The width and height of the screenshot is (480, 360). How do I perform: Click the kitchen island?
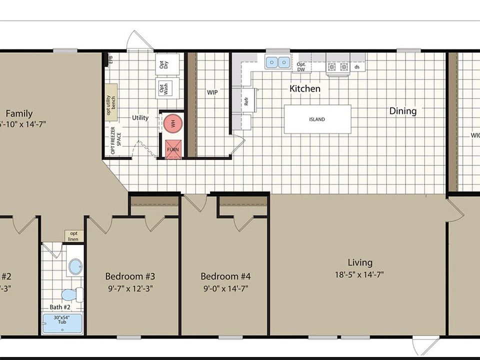[x=317, y=119]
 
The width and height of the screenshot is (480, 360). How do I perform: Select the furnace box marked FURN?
[x=173, y=148]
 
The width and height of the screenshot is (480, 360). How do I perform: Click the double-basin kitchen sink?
[x=277, y=62]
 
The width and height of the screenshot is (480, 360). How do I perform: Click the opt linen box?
[x=73, y=236]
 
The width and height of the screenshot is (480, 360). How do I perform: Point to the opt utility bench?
[x=111, y=105]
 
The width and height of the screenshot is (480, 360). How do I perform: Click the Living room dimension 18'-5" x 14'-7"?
[x=360, y=274]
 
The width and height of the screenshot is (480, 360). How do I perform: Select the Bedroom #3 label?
[x=130, y=276]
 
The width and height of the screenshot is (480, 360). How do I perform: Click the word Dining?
[x=402, y=111]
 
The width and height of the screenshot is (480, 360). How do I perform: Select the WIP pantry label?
[x=212, y=92]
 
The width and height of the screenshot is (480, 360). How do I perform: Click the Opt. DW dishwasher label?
[x=301, y=66]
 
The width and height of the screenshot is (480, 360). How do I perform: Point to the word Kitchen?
[x=305, y=88]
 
